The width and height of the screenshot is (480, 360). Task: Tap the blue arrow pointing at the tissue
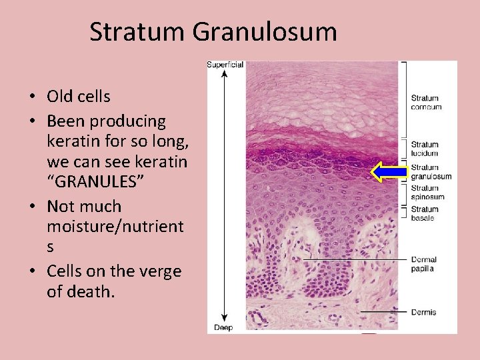click(389, 172)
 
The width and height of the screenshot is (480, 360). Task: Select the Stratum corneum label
click(426, 103)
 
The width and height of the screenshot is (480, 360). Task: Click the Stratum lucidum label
click(425, 149)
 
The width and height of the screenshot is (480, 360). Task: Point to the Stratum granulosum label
click(431, 172)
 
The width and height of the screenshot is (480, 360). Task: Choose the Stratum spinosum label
click(427, 193)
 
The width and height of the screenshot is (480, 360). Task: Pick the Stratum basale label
click(425, 214)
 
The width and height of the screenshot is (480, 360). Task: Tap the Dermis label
click(423, 312)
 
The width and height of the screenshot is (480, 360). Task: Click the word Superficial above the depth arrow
click(225, 65)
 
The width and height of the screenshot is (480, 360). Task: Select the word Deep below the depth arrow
click(223, 327)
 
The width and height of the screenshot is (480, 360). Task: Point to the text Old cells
click(78, 97)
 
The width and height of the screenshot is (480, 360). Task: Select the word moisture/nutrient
click(115, 227)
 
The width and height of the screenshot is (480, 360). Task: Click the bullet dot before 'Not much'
click(31, 207)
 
